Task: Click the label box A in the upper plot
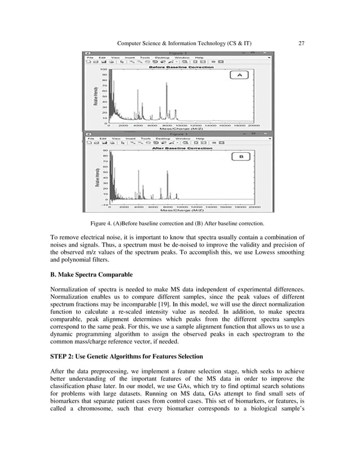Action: tap(239, 75)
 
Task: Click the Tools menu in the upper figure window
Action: tap(145, 57)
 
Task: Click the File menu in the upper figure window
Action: tap(90, 57)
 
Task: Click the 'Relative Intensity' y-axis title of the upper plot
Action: tap(96, 96)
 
